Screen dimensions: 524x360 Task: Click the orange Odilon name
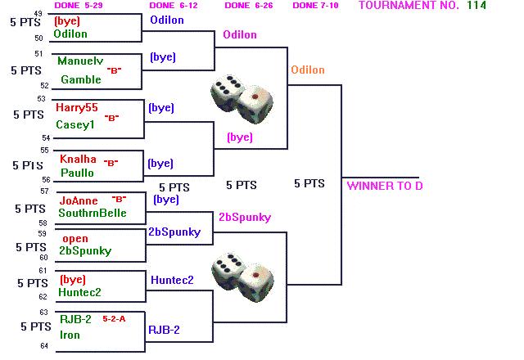(308, 70)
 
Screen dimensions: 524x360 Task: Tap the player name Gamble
(81, 79)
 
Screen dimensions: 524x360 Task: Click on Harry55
(76, 107)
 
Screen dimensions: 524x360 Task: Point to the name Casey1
(75, 125)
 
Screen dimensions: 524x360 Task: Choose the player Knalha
(78, 159)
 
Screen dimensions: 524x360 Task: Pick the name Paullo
(77, 173)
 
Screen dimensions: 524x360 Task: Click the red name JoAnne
(79, 200)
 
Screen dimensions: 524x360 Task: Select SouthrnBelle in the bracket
(93, 213)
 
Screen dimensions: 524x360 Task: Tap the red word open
(75, 239)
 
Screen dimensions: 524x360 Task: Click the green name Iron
(70, 335)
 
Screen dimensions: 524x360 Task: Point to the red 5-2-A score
(114, 319)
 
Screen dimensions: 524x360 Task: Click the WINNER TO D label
(385, 186)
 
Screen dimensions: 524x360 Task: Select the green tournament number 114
(477, 6)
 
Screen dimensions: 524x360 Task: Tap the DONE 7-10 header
(315, 6)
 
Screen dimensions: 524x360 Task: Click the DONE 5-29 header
(79, 6)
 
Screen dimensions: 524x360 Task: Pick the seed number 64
(44, 346)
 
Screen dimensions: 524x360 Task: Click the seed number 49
(38, 14)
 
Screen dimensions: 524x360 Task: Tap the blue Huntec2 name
(172, 280)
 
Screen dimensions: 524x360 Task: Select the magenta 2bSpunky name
(245, 218)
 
